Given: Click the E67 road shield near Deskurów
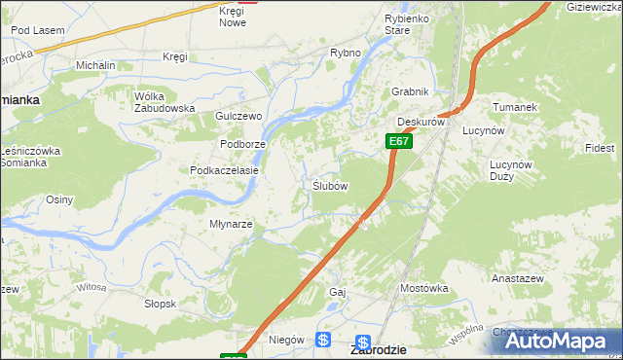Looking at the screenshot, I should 397,141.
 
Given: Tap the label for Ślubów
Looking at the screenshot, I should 330,186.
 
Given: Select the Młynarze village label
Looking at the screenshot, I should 232,224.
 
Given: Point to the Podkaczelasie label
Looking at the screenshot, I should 224,170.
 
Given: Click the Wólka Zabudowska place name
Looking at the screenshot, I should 165,102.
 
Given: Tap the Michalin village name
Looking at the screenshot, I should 95,64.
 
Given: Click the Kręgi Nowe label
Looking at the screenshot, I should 233,16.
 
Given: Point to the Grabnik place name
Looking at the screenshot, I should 410,92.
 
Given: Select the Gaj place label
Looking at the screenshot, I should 338,292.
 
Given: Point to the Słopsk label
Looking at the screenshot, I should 160,304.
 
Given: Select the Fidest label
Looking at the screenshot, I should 600,148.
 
